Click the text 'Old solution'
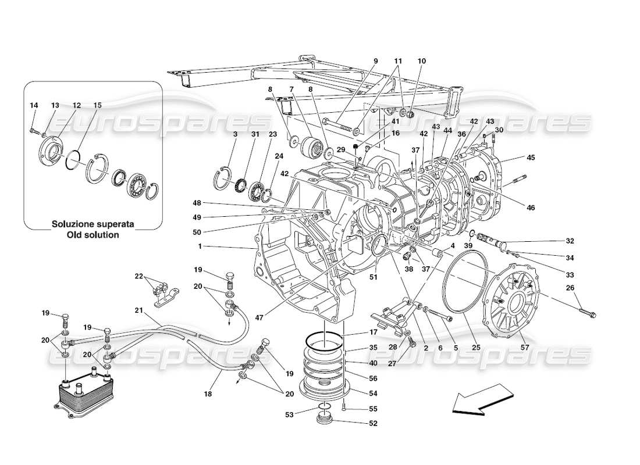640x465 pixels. [x=93, y=235]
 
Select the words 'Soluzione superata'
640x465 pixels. [x=93, y=224]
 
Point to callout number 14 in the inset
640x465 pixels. [x=34, y=105]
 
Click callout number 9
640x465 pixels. [x=375, y=61]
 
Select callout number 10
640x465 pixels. [x=422, y=61]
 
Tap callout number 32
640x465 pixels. [x=570, y=240]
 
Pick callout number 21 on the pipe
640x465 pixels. [x=138, y=310]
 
